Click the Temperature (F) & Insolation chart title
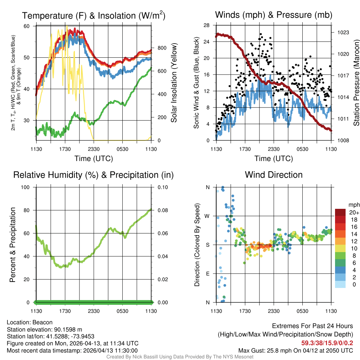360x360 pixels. point(94,15)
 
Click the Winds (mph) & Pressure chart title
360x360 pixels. point(274,15)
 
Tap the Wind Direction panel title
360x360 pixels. point(274,175)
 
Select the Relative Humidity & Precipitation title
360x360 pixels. point(93,175)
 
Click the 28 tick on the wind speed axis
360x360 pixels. point(207,25)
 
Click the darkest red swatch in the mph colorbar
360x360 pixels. point(340,212)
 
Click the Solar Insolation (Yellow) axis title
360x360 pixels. point(174,83)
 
